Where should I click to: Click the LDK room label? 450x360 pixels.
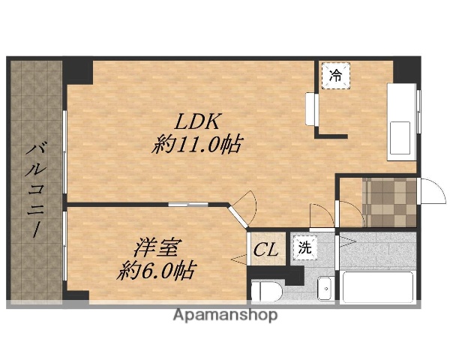[199, 120]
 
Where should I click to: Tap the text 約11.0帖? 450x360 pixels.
[197, 145]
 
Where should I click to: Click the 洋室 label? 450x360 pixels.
[157, 246]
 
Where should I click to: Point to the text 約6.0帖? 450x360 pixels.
[155, 270]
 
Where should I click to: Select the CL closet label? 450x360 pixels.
[264, 249]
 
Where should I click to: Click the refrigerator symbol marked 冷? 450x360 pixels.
[335, 76]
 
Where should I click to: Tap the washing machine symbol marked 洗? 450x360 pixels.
[304, 247]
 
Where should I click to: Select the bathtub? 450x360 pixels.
[377, 286]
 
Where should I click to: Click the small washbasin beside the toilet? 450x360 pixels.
[325, 288]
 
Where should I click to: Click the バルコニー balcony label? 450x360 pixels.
[34, 187]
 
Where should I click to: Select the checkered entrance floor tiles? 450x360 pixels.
[389, 201]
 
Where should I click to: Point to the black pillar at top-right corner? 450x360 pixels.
[406, 70]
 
